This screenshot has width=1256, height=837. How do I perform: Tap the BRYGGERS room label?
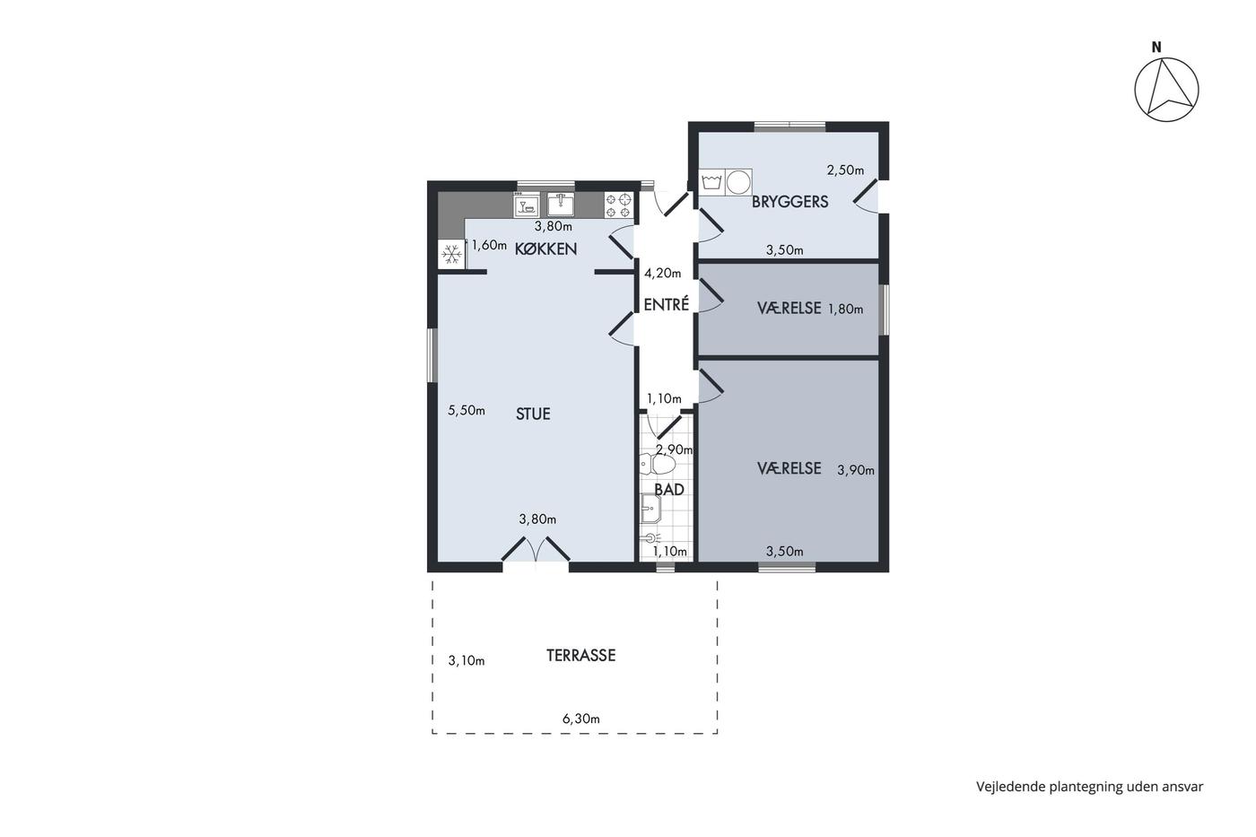pyautogui.click(x=789, y=202)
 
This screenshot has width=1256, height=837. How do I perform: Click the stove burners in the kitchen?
pyautogui.click(x=618, y=205)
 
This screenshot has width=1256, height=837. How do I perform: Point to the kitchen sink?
pyautogui.click(x=560, y=205)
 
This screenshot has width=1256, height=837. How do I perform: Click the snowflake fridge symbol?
pyautogui.click(x=451, y=255)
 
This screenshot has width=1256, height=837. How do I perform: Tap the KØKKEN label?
pyautogui.click(x=545, y=248)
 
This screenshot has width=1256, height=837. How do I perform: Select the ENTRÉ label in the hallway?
pyautogui.click(x=666, y=304)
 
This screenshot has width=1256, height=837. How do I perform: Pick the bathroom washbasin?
pyautogui.click(x=650, y=509)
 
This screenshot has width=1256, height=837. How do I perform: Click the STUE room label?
pyautogui.click(x=533, y=414)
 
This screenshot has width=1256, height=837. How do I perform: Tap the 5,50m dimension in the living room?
pyautogui.click(x=466, y=410)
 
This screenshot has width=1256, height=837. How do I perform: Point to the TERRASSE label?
pyautogui.click(x=581, y=656)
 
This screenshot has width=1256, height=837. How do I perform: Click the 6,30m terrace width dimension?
pyautogui.click(x=581, y=719)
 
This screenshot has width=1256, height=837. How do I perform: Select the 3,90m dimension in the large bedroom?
pyautogui.click(x=856, y=470)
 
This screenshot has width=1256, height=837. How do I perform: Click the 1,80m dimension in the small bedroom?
pyautogui.click(x=845, y=309)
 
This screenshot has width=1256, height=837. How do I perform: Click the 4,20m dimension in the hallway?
pyautogui.click(x=663, y=273)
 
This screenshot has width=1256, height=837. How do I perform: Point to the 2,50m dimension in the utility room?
pyautogui.click(x=845, y=170)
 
